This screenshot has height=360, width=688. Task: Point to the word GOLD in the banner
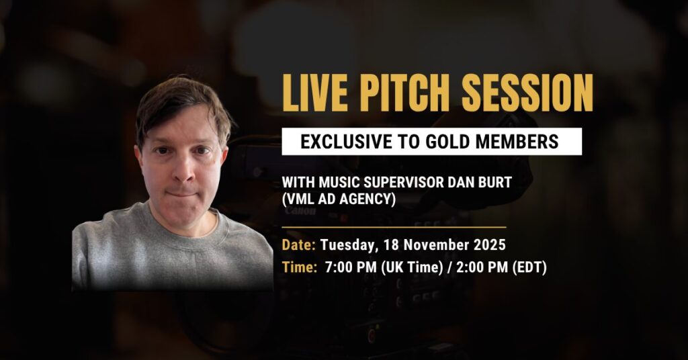coord(447,142)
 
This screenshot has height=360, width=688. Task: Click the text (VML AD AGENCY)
coord(339,199)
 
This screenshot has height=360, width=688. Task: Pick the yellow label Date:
coord(298,244)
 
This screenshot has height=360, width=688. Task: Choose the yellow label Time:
coord(300,267)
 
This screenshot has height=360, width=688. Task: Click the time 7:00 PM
coord(351,267)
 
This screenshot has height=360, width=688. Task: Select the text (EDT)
coord(529,267)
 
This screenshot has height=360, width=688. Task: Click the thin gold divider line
coord(394,228)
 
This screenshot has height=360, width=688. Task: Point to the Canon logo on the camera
coord(300,211)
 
